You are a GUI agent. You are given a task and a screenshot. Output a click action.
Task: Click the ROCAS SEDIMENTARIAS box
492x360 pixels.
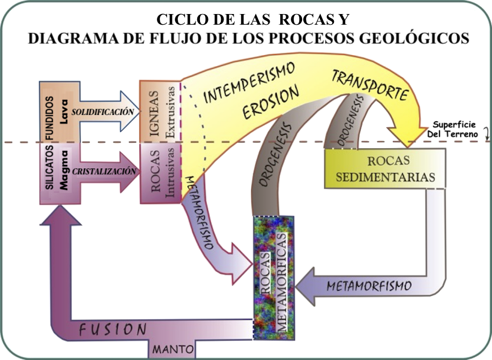[384, 168]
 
